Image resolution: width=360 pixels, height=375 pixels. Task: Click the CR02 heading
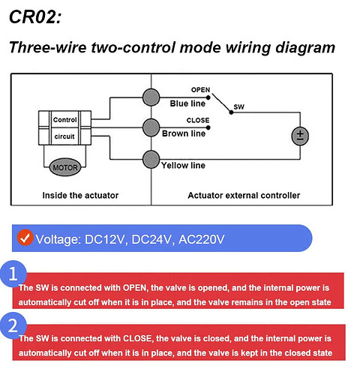click(35, 16)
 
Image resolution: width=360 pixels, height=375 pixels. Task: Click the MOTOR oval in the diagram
click(65, 167)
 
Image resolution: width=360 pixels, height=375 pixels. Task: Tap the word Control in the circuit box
click(64, 120)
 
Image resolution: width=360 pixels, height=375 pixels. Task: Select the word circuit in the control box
click(64, 136)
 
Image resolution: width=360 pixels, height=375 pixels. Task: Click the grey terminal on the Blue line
click(151, 97)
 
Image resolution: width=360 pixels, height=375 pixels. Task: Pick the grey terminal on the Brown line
click(151, 127)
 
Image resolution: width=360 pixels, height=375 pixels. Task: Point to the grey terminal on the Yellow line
click(151, 159)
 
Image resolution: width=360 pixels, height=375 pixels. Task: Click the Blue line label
click(187, 103)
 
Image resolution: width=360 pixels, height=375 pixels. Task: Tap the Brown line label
click(184, 133)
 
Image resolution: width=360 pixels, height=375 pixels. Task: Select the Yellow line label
click(183, 165)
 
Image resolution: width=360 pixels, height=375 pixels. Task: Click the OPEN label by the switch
click(200, 90)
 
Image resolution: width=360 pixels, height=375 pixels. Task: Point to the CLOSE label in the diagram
click(198, 120)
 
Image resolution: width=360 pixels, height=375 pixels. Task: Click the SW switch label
click(238, 107)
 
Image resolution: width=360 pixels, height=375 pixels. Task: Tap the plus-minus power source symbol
click(300, 136)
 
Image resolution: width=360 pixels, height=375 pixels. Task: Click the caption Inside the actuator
click(80, 195)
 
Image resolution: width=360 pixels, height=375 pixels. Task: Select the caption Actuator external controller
click(244, 195)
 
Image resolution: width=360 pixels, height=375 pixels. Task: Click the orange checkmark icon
click(25, 238)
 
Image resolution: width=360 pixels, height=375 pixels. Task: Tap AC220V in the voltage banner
click(202, 239)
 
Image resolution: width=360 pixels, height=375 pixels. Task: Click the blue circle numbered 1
click(13, 274)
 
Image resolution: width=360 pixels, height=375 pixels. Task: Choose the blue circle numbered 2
click(13, 325)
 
